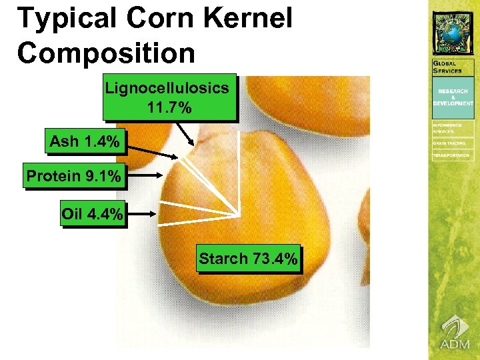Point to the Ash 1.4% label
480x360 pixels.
click(x=85, y=141)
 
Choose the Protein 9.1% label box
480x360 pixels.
click(x=73, y=177)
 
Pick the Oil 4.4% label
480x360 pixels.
click(x=92, y=214)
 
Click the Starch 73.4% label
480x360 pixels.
click(x=248, y=259)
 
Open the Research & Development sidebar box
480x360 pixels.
click(x=453, y=97)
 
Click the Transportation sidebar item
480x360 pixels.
click(x=453, y=155)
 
